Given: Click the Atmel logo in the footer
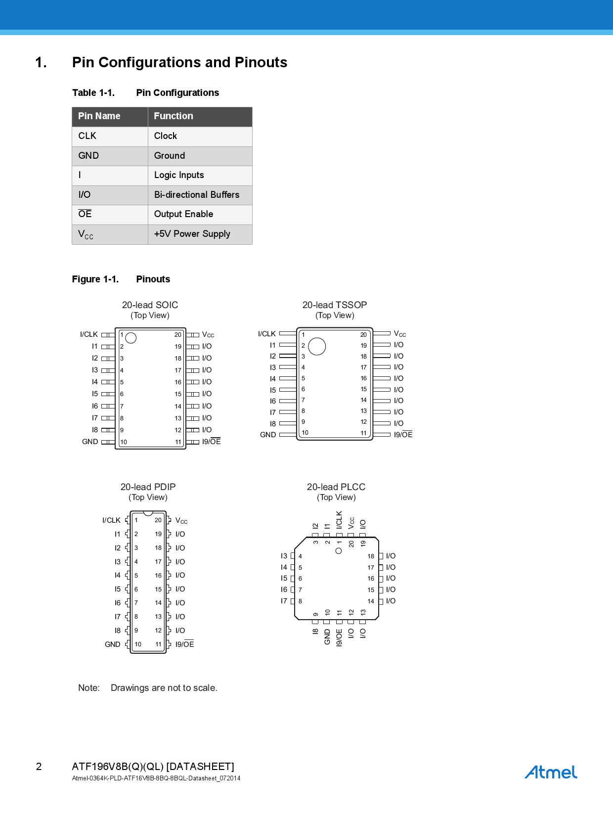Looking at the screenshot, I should point(551,772).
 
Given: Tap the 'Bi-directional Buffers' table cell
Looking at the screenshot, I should point(196,195).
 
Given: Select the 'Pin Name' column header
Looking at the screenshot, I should point(99,116).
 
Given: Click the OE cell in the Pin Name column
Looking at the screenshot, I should point(85,214).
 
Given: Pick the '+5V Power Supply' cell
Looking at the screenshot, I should point(192,234).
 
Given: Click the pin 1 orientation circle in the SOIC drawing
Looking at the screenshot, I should point(131,338).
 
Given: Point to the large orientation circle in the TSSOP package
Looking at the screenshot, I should point(317,346).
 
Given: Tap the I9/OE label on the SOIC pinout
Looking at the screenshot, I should point(211,442).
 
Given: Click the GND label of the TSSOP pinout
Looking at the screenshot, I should point(268,435).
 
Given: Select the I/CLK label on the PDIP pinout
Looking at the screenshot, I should point(111,520).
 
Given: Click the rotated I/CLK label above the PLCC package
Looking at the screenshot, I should point(339,520).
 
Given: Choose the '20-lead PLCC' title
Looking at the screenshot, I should point(336,487).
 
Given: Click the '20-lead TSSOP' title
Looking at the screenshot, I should point(335,305).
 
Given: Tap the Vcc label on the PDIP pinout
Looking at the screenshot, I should point(181,521).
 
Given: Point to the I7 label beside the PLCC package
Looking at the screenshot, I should point(284,601).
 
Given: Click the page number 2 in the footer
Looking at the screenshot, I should point(39,767).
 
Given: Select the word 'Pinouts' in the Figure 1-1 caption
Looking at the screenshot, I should point(153,279).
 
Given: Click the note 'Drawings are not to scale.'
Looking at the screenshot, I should point(164,688).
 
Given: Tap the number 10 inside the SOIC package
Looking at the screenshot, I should point(124,442).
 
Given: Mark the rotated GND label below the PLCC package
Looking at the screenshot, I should point(327,637).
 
